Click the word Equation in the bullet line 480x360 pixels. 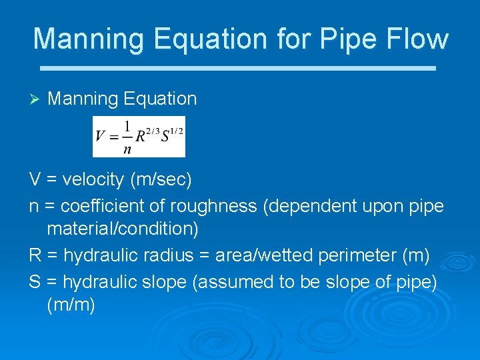(x=160, y=99)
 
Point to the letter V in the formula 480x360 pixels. (x=101, y=137)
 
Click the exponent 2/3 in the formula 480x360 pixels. (x=153, y=130)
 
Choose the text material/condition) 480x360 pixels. (x=123, y=229)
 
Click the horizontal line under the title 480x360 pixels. (x=238, y=68)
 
